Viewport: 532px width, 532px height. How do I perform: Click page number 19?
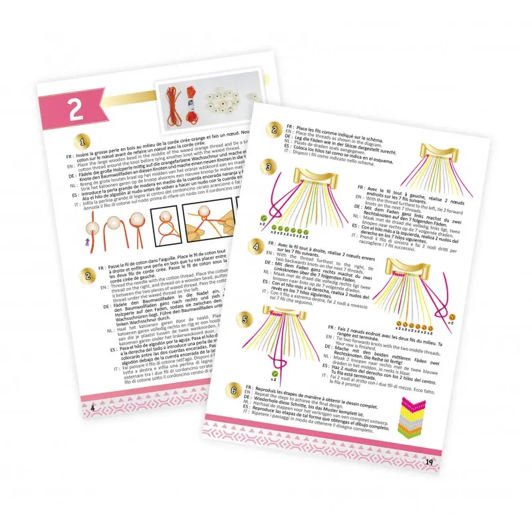point(429,460)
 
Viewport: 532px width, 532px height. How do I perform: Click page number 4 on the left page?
point(93,406)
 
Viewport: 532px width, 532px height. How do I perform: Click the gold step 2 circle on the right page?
point(273,130)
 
